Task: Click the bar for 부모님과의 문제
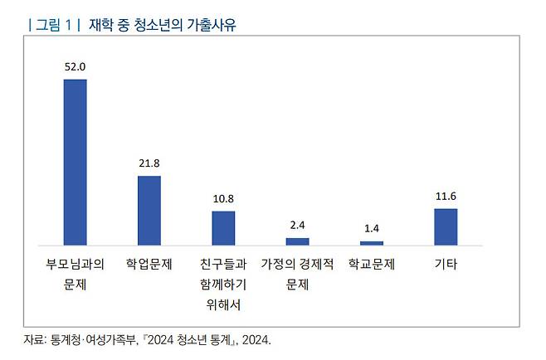coord(75,162)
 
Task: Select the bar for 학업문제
coord(149,211)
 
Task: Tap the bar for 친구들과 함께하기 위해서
coord(223,228)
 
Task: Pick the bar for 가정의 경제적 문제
coord(297,241)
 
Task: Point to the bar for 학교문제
coord(372,243)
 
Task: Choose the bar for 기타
coord(446,226)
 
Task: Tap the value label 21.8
coord(149,163)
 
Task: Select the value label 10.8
coord(223,199)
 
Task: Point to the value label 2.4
coord(297,226)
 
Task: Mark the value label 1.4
coord(372,229)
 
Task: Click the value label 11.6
coord(446,197)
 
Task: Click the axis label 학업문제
coord(149,265)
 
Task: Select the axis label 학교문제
coord(372,265)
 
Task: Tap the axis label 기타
coord(446,265)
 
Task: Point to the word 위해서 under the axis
coord(223,304)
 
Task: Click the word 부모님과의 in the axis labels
coord(75,265)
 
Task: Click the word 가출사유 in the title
coord(210,25)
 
